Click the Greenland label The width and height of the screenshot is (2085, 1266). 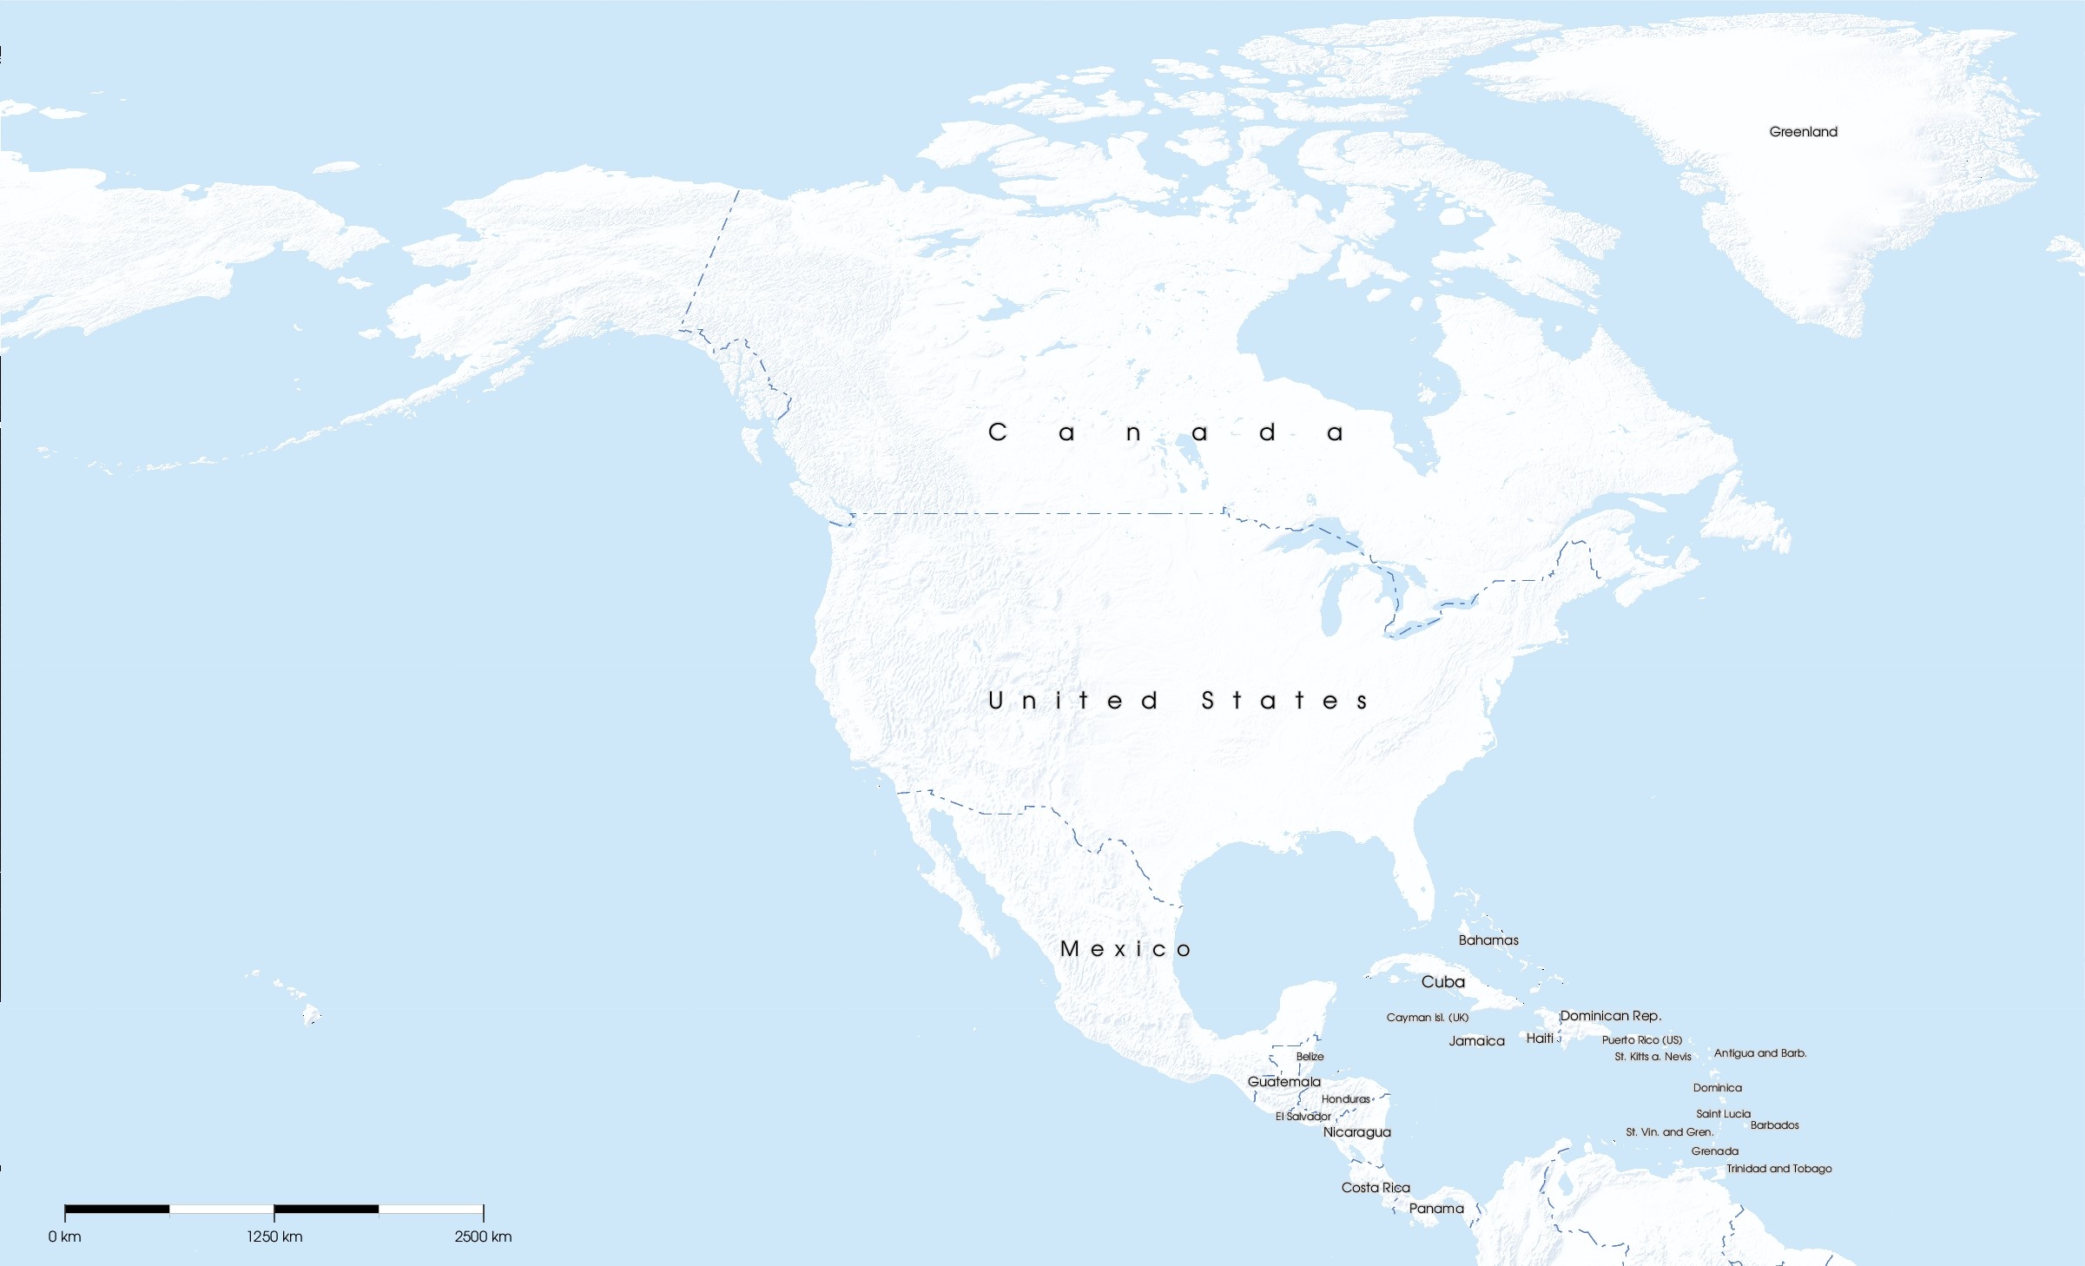pos(1803,132)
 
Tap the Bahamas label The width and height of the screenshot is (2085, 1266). pos(1488,940)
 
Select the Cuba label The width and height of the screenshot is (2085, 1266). pos(1442,982)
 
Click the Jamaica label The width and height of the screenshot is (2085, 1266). pos(1476,1041)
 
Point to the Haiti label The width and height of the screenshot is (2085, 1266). pos(1540,1039)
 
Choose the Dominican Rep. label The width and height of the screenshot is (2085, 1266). pos(1610,1016)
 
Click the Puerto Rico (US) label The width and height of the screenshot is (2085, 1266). pos(1641,1040)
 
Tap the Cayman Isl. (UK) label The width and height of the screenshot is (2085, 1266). pos(1427,1018)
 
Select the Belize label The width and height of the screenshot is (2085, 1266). pos(1310,1057)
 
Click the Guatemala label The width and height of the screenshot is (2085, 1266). pos(1283,1082)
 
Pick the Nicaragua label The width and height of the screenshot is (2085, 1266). pos(1356,1132)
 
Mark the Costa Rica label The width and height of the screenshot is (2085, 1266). pos(1376,1188)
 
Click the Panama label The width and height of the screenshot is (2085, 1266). pos(1436,1209)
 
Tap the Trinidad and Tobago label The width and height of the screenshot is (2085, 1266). pos(1778,1169)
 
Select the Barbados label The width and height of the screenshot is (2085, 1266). pos(1774,1125)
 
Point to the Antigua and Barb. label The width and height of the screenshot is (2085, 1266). pos(1759,1053)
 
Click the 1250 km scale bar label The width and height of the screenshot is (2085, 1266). pos(274,1236)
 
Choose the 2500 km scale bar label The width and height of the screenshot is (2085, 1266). pos(483,1236)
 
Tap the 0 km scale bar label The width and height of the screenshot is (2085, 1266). pos(65,1236)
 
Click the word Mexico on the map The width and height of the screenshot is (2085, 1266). pos(1125,949)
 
